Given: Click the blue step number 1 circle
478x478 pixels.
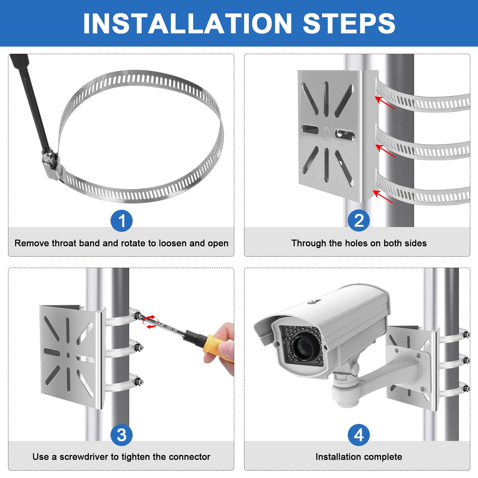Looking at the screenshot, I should point(121,221).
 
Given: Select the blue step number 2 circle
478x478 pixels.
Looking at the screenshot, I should point(359,221).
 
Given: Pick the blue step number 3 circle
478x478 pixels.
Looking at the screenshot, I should point(121,435).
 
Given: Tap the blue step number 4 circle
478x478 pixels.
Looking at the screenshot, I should point(359,435).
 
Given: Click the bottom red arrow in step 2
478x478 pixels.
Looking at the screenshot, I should point(383,196).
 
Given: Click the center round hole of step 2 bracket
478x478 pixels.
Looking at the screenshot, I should point(327,131).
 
